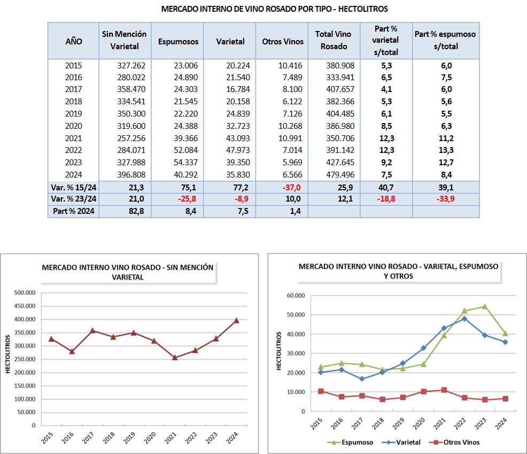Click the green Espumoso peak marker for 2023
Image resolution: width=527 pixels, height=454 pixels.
pos(485,306)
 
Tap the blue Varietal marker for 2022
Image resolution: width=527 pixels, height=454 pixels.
pos(464,319)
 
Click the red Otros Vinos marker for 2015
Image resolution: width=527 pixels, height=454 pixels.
pos(321,391)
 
